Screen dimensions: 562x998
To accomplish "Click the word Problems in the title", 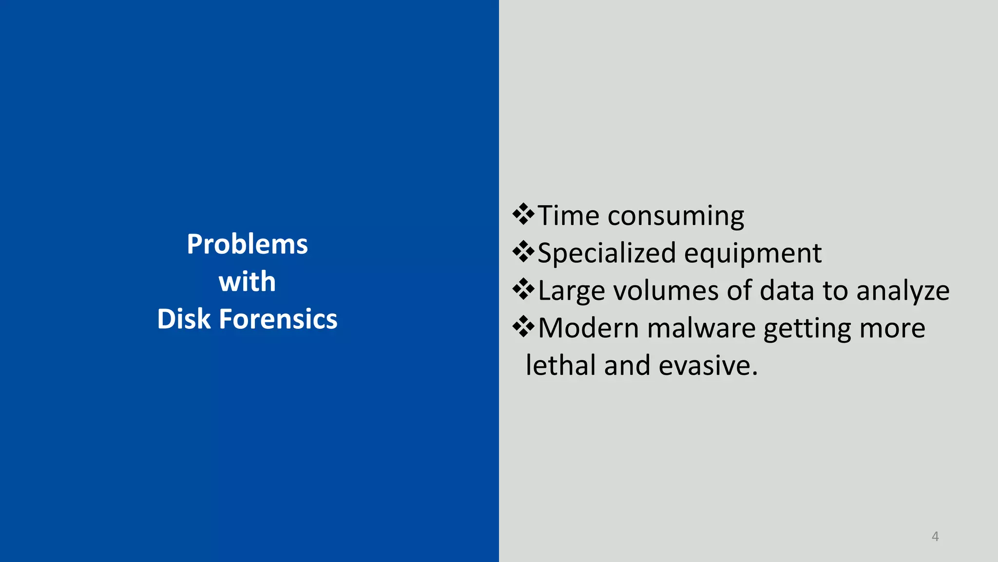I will pos(247,244).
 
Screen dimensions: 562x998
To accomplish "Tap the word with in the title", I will pos(247,281).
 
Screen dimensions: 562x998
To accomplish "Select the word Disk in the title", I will pos(184,319).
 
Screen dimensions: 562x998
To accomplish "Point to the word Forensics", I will pos(278,319).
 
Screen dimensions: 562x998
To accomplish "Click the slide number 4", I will pos(935,536).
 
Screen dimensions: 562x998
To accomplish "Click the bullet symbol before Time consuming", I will pos(523,214).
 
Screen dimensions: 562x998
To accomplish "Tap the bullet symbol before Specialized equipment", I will pos(523,252).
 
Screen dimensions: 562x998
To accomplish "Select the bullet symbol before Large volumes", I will pos(523,289).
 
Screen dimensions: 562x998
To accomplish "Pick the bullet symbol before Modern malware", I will pos(523,327).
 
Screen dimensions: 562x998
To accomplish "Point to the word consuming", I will pos(676,216).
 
